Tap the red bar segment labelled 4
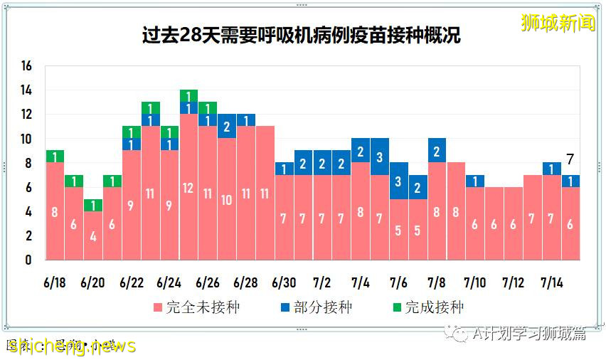pyautogui.click(x=93, y=235)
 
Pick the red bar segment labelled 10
pyautogui.click(x=227, y=199)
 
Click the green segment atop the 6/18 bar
pyautogui.click(x=55, y=157)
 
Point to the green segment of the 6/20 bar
pyautogui.click(x=93, y=205)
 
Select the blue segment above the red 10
pyautogui.click(x=227, y=127)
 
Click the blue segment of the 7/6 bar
pyautogui.click(x=399, y=181)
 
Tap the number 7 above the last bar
pyautogui.click(x=570, y=159)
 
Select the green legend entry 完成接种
pyautogui.click(x=427, y=307)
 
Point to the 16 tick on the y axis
pyautogui.click(x=27, y=66)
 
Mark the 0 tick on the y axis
pyautogui.click(x=29, y=260)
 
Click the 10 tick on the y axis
pyautogui.click(x=27, y=139)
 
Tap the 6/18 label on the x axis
pyautogui.click(x=55, y=282)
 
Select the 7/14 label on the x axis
pyautogui.click(x=551, y=282)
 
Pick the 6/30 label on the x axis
pyautogui.click(x=284, y=282)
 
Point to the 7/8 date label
pyautogui.click(x=437, y=282)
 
